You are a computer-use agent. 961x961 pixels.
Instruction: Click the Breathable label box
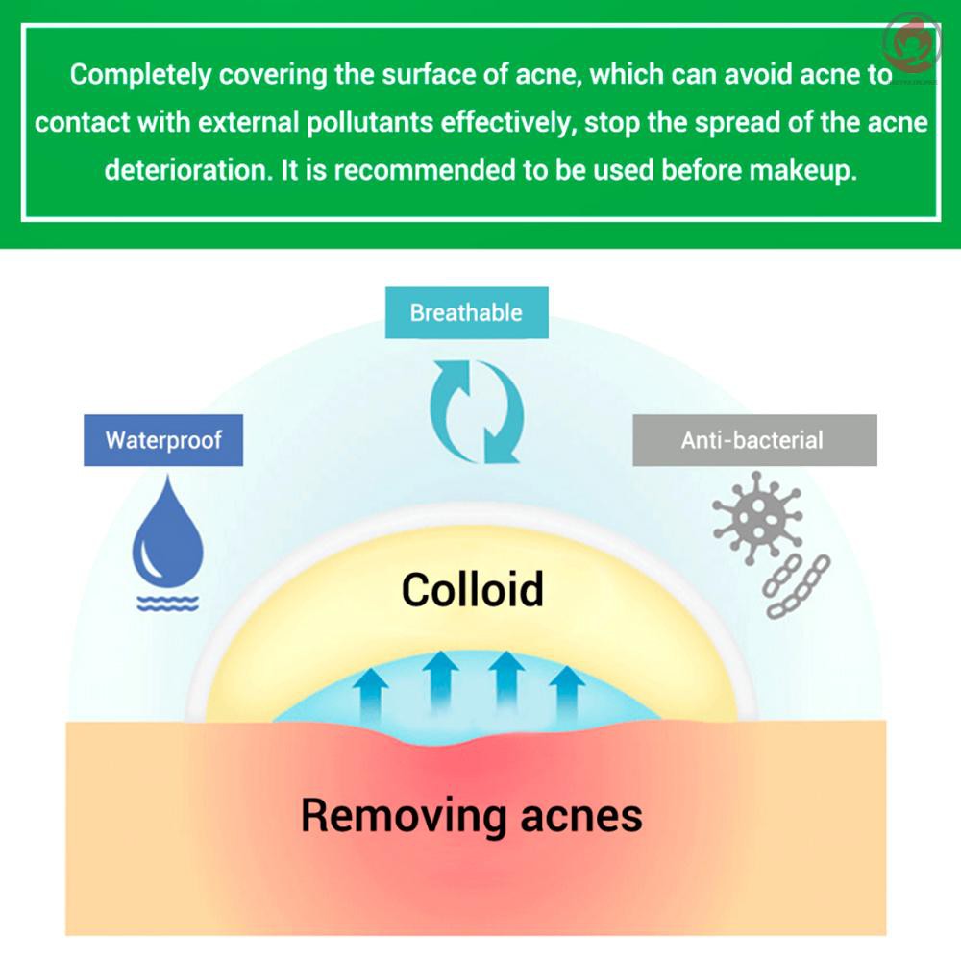466,312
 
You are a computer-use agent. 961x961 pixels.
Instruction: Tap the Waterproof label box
163,440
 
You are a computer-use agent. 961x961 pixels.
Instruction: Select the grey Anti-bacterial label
753,440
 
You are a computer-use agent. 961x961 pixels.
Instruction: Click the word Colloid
472,588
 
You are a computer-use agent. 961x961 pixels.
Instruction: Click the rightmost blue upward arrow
566,690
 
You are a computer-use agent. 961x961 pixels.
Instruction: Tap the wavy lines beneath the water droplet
167,604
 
